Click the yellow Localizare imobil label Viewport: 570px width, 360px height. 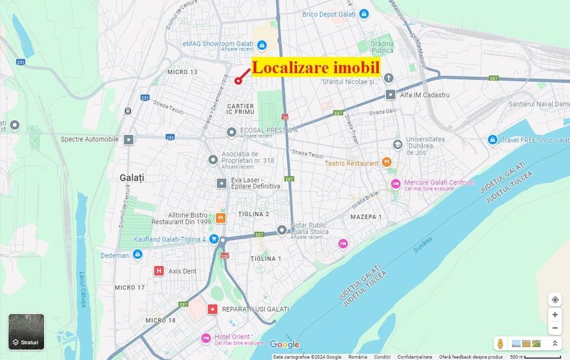pyautogui.click(x=316, y=67)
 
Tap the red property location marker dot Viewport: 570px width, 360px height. pyautogui.click(x=238, y=81)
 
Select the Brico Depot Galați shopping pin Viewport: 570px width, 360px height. pyautogui.click(x=364, y=13)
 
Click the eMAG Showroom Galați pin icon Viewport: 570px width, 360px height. pyautogui.click(x=261, y=44)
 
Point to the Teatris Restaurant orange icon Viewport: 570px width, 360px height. pyautogui.click(x=386, y=162)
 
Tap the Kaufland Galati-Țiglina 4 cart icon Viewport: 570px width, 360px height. pyautogui.click(x=214, y=239)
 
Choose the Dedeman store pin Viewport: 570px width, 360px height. pyautogui.click(x=137, y=254)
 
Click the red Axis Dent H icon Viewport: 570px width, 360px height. pyautogui.click(x=159, y=270)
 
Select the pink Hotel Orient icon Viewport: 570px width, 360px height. pyautogui.click(x=206, y=338)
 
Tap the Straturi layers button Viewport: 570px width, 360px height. pyautogui.click(x=26, y=332)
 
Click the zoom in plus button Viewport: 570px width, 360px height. pyautogui.click(x=555, y=315)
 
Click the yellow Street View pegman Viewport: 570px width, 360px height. pyautogui.click(x=500, y=344)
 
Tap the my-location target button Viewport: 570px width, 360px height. pyautogui.click(x=555, y=300)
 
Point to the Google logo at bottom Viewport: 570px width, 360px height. pyautogui.click(x=284, y=345)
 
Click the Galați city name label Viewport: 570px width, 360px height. pyautogui.click(x=132, y=176)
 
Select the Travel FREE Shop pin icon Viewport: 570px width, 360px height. pyautogui.click(x=492, y=139)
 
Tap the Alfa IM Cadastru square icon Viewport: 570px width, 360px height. pyautogui.click(x=390, y=95)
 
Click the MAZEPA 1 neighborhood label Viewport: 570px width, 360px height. pyautogui.click(x=366, y=217)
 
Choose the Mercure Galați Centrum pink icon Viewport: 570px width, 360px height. pyautogui.click(x=396, y=184)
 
